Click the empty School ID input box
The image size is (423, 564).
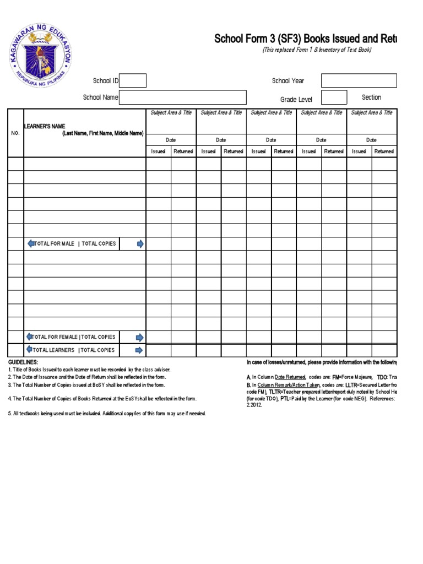click(x=133, y=81)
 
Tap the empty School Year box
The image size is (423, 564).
click(x=359, y=81)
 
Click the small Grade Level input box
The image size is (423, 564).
click(x=334, y=97)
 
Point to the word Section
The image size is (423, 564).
click(x=371, y=97)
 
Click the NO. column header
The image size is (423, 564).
click(x=15, y=133)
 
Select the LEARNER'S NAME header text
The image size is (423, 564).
click(x=44, y=127)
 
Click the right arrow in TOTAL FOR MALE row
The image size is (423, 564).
click(x=140, y=243)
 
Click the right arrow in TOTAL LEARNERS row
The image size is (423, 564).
click(x=140, y=350)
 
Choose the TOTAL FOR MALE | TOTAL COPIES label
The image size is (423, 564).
click(x=75, y=243)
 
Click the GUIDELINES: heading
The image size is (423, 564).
click(x=23, y=362)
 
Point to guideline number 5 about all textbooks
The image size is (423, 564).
click(x=107, y=413)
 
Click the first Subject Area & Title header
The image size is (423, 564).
click(x=171, y=113)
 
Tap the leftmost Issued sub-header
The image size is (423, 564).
click(x=158, y=151)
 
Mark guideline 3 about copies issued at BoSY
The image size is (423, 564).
click(x=86, y=385)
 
